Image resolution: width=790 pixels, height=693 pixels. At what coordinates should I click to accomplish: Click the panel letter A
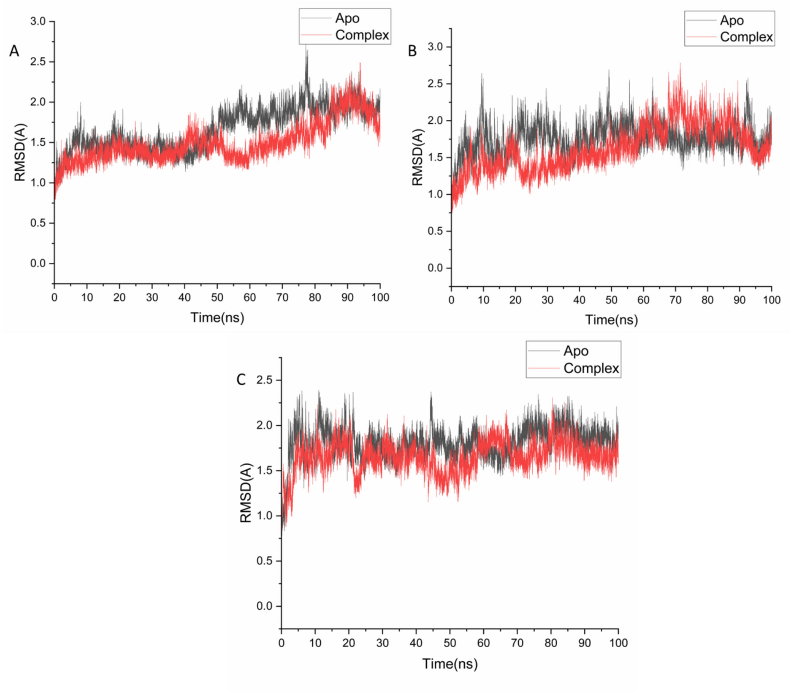pos(14,51)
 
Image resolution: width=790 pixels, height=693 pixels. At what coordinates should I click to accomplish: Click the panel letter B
pos(412,51)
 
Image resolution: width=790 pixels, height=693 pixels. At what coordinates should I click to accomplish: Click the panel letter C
pos(241,379)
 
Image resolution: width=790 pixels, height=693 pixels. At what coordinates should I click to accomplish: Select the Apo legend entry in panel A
pos(347,18)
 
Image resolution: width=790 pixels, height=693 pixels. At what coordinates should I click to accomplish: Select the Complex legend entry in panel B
pos(746,37)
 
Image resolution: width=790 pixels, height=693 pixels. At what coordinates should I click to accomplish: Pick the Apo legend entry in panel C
pos(575,351)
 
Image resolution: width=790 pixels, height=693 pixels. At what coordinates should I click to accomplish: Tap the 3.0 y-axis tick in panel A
pos(38,21)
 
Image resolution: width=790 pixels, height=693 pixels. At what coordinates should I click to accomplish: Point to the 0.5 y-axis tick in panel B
pos(435,231)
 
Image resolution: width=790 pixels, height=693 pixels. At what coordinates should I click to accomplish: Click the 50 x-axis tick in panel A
pos(217,297)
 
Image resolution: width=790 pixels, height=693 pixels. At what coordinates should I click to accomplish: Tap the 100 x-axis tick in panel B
pos(771,300)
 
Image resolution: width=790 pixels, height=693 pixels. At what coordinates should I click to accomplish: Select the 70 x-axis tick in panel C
pos(517,643)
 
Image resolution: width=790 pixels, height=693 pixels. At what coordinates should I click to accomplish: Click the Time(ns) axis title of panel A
pos(217,317)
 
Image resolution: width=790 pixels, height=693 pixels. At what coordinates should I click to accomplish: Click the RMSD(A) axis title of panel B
pos(417,157)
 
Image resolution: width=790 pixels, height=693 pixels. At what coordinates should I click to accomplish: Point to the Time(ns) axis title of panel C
pos(449,663)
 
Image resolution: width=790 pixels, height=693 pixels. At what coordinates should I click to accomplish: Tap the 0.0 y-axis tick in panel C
pos(264,606)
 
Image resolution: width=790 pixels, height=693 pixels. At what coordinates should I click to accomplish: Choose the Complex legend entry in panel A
pos(361,35)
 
